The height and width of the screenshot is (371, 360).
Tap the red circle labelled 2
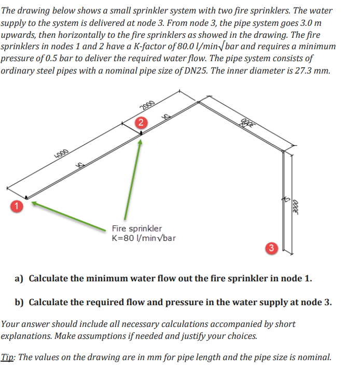click(141, 123)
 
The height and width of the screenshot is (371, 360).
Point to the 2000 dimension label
click(147, 104)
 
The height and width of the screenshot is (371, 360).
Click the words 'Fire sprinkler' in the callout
click(137, 229)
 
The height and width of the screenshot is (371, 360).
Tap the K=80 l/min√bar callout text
click(144, 238)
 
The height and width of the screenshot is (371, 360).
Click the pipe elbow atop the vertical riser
click(283, 152)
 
